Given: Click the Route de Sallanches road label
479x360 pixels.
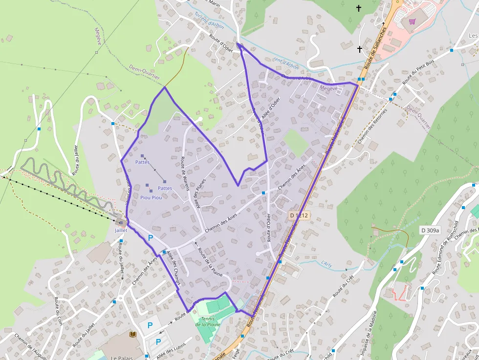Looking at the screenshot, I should [375, 47].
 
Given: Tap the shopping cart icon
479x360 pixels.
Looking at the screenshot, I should [412, 21].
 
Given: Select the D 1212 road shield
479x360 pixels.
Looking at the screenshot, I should [299, 215].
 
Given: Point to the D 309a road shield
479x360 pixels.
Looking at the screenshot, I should [430, 230].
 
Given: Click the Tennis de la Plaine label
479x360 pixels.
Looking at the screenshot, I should [208, 321].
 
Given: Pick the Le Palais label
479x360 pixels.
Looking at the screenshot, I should [119, 357].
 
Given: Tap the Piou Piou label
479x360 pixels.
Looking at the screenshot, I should [151, 197].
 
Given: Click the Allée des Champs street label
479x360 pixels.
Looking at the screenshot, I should [174, 268].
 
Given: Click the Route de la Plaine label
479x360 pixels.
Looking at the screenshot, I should [210, 262].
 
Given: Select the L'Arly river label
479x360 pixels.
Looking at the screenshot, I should [327, 264].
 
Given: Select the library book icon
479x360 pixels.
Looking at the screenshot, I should [133, 334].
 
